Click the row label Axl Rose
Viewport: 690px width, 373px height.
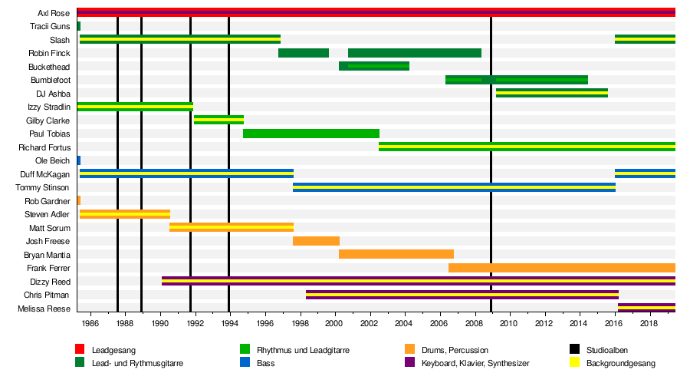(54, 13)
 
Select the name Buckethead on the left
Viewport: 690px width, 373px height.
(49, 67)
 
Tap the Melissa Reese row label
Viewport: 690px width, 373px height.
(48, 309)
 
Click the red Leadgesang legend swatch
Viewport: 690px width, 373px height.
(80, 350)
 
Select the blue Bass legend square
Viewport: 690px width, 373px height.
(245, 361)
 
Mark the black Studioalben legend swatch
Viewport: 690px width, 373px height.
(574, 350)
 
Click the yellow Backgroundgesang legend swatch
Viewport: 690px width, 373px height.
(574, 361)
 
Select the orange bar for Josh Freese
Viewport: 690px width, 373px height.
(316, 241)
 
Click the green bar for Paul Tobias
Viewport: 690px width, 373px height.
(311, 134)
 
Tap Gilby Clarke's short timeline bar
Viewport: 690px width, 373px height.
(219, 120)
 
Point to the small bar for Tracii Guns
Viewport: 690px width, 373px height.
(79, 26)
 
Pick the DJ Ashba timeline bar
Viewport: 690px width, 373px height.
(551, 93)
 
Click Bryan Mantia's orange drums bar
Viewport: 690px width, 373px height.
(396, 254)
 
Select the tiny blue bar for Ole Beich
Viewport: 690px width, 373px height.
(79, 160)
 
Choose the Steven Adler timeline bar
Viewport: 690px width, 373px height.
(124, 214)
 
